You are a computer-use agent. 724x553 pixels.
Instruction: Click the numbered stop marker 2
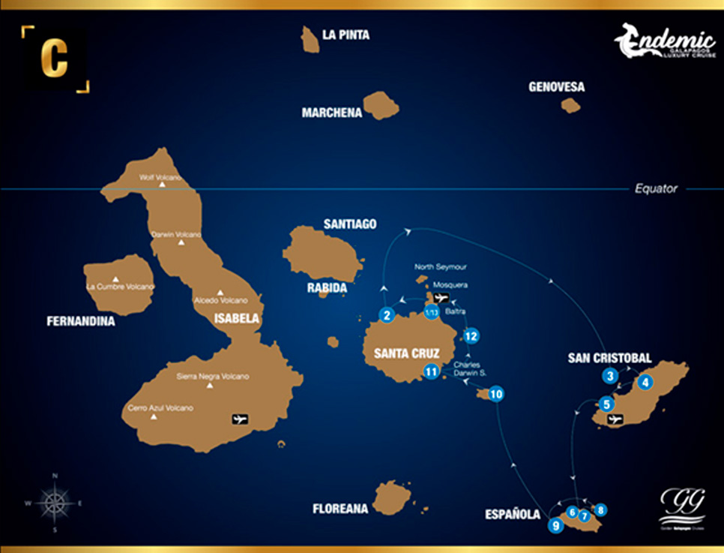387,315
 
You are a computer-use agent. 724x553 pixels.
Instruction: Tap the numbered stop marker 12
471,335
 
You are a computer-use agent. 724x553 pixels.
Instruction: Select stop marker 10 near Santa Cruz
495,393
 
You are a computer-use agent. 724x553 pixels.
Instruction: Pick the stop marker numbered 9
555,525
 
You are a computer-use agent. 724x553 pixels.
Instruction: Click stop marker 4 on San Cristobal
645,382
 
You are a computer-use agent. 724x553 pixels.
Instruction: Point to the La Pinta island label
346,35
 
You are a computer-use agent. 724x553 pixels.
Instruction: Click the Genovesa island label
556,87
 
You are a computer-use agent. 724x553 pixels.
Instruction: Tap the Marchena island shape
381,105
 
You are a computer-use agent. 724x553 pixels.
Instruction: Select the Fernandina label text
81,321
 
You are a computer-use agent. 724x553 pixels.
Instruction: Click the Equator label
656,188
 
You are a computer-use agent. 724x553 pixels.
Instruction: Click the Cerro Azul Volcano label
160,408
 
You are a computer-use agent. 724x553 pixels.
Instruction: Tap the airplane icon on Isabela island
241,419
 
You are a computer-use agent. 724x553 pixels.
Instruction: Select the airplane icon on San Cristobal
615,419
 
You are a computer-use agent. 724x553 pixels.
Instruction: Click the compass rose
55,502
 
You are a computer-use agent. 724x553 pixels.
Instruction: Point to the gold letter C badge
55,56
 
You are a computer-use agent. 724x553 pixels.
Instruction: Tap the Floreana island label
340,509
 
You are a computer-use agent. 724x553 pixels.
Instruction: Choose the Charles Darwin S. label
470,368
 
